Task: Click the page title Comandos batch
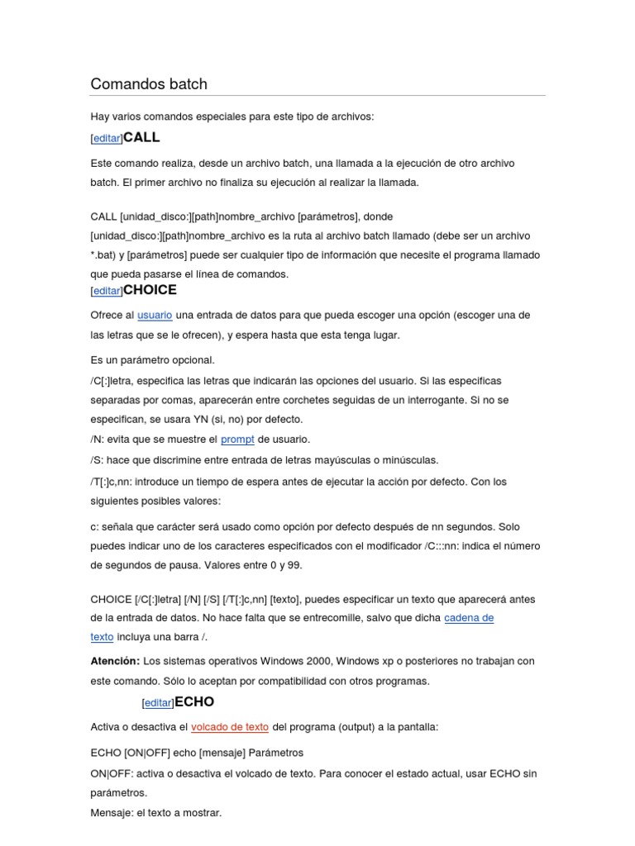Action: [149, 84]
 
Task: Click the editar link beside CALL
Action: [107, 139]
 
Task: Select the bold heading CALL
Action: [141, 137]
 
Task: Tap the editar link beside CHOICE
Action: [107, 291]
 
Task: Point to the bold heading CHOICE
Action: [150, 290]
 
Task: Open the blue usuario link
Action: [155, 315]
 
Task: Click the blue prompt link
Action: [237, 440]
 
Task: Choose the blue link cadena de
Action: [469, 618]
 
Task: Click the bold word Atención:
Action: [115, 661]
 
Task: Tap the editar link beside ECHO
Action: [158, 703]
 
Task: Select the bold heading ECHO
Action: [194, 701]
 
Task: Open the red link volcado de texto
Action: [230, 727]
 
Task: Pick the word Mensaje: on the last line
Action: [112, 813]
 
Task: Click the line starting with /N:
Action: [199, 440]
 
